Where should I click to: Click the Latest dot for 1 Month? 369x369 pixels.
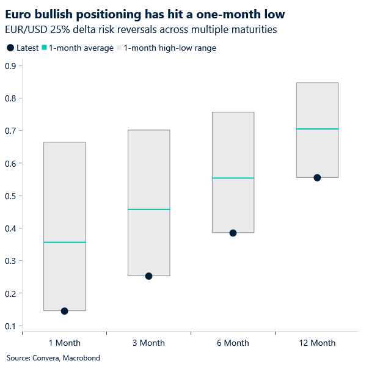coord(64,311)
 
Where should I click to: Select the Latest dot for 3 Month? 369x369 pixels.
coord(148,276)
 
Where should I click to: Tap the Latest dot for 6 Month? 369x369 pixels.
coord(233,233)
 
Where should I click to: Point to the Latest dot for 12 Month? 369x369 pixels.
coord(317,178)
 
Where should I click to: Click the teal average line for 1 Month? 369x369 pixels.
coord(64,243)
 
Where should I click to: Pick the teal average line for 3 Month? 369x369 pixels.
coord(148,210)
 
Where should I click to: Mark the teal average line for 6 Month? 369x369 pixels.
coord(233,178)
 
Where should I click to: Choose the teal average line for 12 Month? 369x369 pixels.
coord(317,129)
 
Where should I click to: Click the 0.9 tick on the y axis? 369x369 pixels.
coord(10,66)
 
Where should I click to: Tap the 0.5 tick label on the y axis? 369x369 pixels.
coord(10,196)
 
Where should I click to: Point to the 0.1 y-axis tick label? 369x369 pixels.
coord(10,326)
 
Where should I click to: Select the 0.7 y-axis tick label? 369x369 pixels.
coord(10,131)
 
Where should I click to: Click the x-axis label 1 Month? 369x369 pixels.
coord(64,343)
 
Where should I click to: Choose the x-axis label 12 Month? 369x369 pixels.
coord(317,343)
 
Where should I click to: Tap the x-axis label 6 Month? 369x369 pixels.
coord(233,343)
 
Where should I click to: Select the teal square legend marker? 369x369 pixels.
coord(45,48)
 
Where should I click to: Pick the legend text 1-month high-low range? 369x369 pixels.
coord(169,48)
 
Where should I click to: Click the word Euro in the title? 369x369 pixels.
coord(19,13)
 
